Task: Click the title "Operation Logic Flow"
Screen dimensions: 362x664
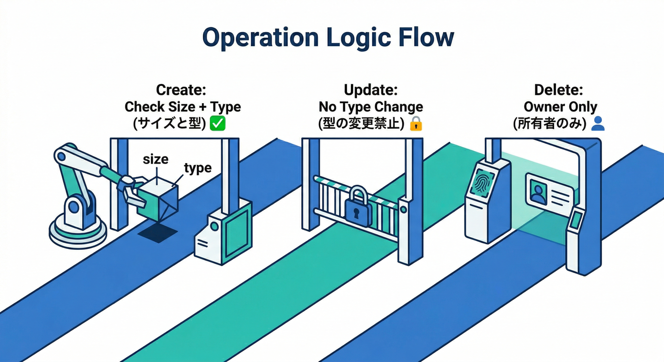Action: pos(328,38)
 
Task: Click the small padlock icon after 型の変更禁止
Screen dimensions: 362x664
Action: pos(415,124)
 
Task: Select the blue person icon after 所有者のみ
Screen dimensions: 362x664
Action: pos(598,123)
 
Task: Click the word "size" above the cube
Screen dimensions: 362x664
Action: pos(155,159)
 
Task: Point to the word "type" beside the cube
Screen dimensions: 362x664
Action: pos(198,168)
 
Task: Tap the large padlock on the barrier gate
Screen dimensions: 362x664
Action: pos(357,207)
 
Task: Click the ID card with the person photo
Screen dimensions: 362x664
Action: pos(549,193)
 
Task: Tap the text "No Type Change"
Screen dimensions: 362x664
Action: pos(371,107)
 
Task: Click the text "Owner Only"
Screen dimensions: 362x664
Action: pos(560,107)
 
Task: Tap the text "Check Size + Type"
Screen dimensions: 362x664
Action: pos(183,107)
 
